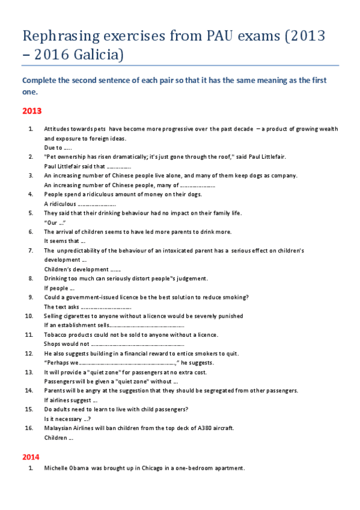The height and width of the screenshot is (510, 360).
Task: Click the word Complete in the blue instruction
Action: tap(40, 81)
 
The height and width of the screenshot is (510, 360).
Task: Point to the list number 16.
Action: tap(29, 428)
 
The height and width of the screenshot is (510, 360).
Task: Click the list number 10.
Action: tap(29, 316)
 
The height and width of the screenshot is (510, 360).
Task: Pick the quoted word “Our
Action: tap(50, 223)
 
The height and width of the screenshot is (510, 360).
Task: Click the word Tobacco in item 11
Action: tap(55, 334)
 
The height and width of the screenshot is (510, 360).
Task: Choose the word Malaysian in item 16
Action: tap(59, 428)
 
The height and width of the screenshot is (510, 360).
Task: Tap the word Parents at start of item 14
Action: tap(55, 390)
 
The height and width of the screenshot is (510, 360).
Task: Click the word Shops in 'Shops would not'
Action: tap(53, 344)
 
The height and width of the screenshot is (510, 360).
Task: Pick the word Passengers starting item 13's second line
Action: tap(61, 381)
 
